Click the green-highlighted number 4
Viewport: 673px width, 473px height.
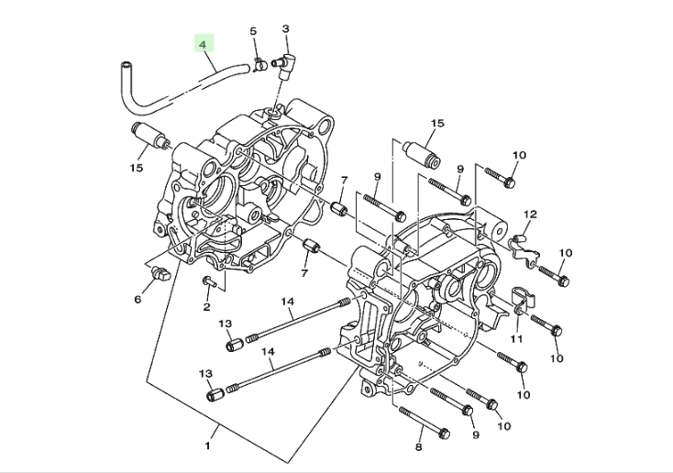(x=204, y=44)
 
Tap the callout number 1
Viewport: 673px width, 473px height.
(x=208, y=446)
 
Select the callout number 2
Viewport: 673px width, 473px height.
(x=207, y=306)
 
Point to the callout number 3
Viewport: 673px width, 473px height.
(x=286, y=28)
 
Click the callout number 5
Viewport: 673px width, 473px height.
(x=253, y=31)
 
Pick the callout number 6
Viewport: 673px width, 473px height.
(x=138, y=299)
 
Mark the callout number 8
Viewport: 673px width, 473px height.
(x=419, y=447)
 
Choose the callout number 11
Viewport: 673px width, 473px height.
(x=517, y=339)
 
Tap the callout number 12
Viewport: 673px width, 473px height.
(x=531, y=214)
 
